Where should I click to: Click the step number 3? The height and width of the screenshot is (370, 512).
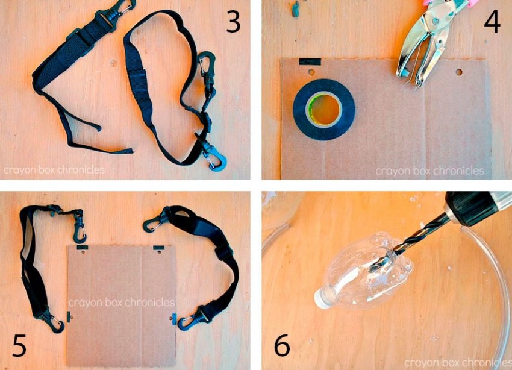click(233, 20)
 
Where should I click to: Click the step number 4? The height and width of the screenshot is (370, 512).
click(492, 21)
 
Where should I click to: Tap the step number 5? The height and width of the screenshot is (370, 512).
click(19, 345)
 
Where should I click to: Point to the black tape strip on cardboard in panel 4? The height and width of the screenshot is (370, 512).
click(310, 61)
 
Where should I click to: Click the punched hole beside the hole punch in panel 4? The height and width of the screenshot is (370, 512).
click(459, 72)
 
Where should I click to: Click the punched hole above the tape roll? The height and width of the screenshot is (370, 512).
click(311, 72)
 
